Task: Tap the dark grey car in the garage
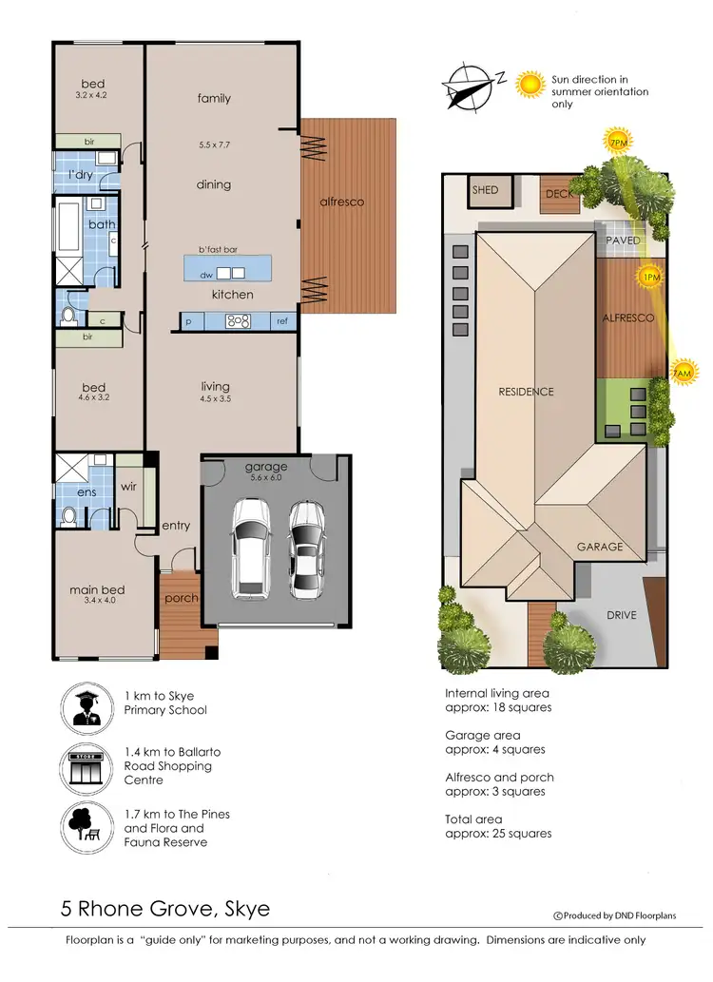[306, 549]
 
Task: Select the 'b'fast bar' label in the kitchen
[218, 249]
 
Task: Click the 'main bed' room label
[97, 590]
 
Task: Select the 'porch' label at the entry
[181, 599]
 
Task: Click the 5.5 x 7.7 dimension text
[214, 145]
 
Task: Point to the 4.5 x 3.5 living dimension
[215, 399]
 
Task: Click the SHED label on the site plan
[485, 190]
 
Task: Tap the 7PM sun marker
[617, 143]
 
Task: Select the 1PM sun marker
[651, 278]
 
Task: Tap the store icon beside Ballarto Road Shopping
[87, 765]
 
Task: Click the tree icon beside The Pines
[87, 826]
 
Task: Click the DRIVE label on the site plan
[621, 615]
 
